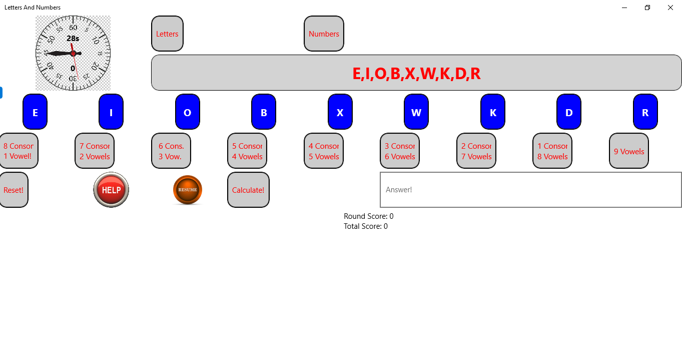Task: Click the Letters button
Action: [x=167, y=34]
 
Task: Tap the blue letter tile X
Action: [x=340, y=112]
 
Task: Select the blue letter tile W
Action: [x=416, y=112]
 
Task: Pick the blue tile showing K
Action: [x=493, y=112]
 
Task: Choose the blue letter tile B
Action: [x=264, y=112]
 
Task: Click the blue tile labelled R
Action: [x=645, y=112]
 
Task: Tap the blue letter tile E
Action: [x=35, y=112]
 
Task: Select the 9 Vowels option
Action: [x=629, y=151]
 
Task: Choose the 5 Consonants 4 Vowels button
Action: [x=247, y=151]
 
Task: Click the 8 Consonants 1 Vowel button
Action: [x=18, y=151]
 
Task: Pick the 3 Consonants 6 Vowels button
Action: [x=400, y=151]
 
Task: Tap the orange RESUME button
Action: [x=188, y=190]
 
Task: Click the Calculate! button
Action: [x=248, y=190]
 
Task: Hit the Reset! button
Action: [x=14, y=190]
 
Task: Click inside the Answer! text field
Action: [x=530, y=190]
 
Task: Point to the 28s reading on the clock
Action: [x=73, y=39]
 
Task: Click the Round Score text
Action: [x=369, y=216]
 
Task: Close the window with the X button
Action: [x=670, y=8]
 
